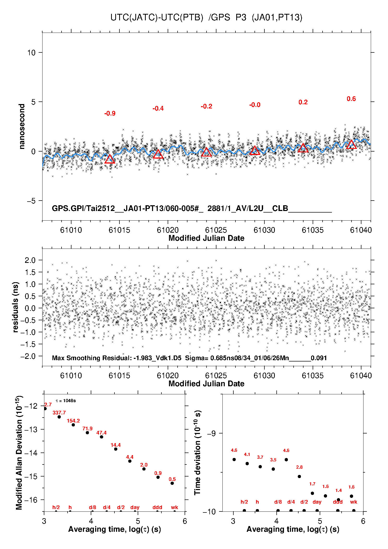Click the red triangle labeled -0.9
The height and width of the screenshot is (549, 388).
point(110,159)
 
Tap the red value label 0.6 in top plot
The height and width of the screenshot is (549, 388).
point(351,99)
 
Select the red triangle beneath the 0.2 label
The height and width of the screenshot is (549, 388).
point(303,148)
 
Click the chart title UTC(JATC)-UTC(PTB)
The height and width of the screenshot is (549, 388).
point(157,17)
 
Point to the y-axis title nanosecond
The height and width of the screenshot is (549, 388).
point(22,126)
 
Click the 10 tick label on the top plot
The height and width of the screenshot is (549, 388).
point(31,53)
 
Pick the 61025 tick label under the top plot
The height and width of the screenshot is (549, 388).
point(216,230)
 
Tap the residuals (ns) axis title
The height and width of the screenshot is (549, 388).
point(16,307)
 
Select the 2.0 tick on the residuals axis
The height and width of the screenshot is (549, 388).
point(30,260)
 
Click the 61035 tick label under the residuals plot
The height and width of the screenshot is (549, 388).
point(312,376)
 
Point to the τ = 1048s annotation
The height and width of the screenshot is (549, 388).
point(66,401)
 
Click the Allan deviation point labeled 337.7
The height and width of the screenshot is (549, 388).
point(59,417)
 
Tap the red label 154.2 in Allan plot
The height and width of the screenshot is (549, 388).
point(73,421)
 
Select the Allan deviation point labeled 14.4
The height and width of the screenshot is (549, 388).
point(116,449)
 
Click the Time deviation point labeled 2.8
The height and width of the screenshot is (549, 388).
point(299,476)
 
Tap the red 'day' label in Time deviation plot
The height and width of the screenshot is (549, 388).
point(317,502)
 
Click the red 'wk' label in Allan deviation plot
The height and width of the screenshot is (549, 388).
point(174,507)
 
